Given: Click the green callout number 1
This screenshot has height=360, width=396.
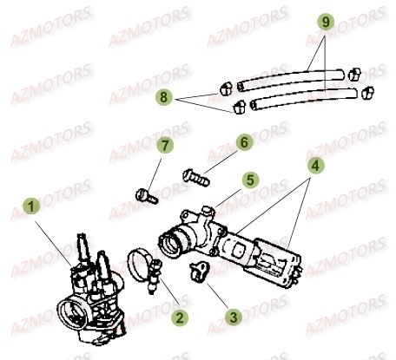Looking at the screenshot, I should [x=32, y=206].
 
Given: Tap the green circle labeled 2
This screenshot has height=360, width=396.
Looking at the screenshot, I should [x=178, y=318].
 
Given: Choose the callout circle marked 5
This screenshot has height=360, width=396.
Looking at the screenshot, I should [x=249, y=180].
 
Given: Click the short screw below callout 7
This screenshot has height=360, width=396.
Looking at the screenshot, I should [x=147, y=193].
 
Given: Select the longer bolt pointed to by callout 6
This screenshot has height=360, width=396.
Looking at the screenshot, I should [x=195, y=176].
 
